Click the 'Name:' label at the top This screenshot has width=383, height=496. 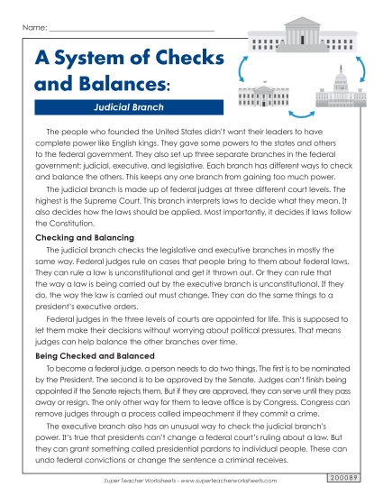(33, 29)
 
